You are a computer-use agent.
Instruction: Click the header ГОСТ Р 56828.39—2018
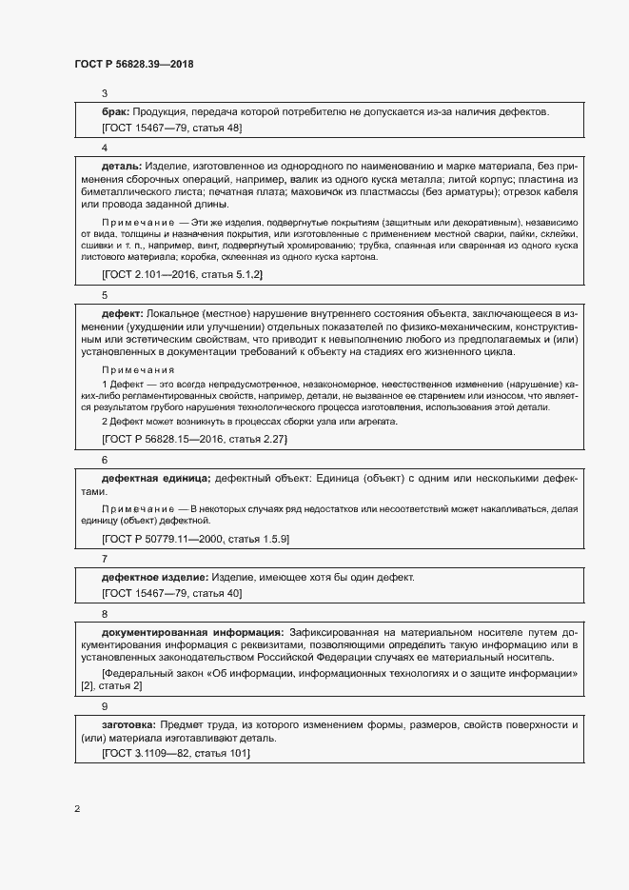tap(134, 64)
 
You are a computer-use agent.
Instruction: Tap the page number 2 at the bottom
tap(77, 809)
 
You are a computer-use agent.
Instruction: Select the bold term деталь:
tap(122, 166)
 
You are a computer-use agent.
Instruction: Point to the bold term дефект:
tap(122, 312)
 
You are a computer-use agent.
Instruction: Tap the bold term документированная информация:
tap(192, 631)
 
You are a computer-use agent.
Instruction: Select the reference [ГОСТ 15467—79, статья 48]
tap(171, 128)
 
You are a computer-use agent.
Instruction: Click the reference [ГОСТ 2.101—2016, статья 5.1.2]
tap(182, 274)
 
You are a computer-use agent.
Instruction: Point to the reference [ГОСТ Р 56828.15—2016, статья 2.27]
tap(194, 439)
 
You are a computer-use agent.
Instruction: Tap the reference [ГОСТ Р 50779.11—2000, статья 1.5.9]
tap(195, 539)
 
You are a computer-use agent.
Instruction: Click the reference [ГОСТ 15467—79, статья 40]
tap(171, 593)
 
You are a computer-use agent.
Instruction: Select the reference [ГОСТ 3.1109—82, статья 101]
tap(175, 753)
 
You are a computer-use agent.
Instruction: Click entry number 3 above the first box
tap(105, 93)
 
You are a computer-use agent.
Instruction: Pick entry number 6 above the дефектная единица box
tap(105, 459)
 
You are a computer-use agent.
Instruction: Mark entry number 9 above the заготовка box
tap(105, 706)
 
